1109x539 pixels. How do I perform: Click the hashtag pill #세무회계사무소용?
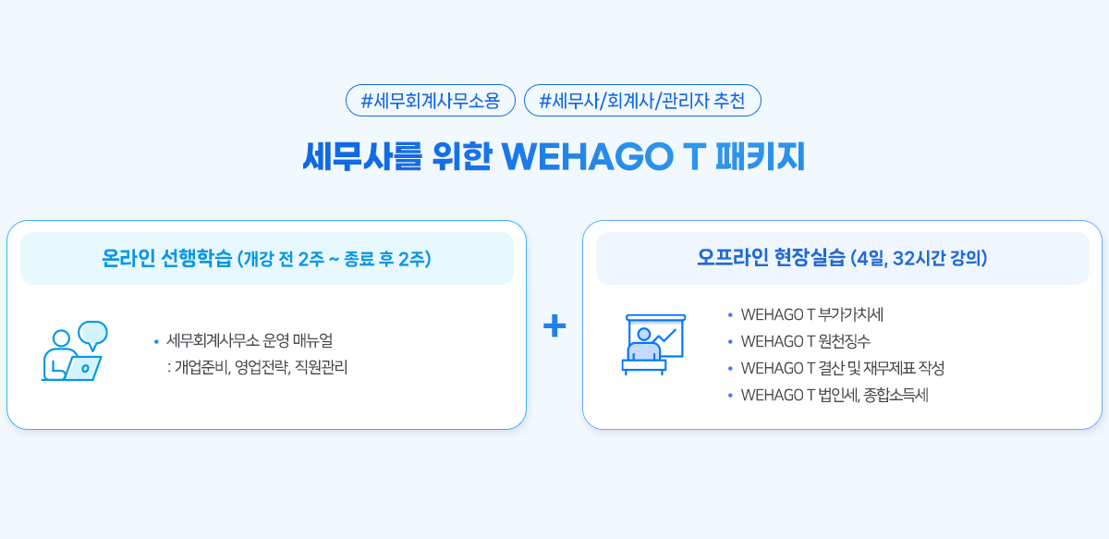tap(431, 101)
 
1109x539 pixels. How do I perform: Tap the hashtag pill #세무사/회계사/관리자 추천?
tap(642, 101)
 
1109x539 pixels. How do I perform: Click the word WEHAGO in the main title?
tap(588, 157)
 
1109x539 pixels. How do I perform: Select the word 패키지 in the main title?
tap(761, 156)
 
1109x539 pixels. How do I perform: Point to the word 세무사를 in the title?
tap(362, 156)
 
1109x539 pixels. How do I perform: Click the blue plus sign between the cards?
tap(554, 326)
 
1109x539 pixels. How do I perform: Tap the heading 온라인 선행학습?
tap(167, 258)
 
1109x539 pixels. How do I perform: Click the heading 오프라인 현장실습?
tap(771, 258)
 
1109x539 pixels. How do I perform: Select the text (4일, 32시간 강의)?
tap(919, 258)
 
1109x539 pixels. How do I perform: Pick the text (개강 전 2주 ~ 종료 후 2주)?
tap(335, 259)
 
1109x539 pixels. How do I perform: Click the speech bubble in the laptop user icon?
tap(93, 335)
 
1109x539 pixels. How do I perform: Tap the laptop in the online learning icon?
tap(83, 368)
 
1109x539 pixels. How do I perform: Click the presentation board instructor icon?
tap(653, 344)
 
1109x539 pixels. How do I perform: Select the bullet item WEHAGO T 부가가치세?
tap(812, 314)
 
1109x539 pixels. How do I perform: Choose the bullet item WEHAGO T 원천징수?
tap(806, 341)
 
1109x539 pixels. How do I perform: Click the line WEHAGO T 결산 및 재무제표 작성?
tap(843, 368)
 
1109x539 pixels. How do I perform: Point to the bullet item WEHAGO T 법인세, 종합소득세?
tap(835, 395)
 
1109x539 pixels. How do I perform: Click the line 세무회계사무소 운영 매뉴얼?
tap(250, 340)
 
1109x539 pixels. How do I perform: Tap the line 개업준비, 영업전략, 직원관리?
tap(258, 367)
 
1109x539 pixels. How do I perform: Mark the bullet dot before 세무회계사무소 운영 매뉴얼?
tap(156, 341)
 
